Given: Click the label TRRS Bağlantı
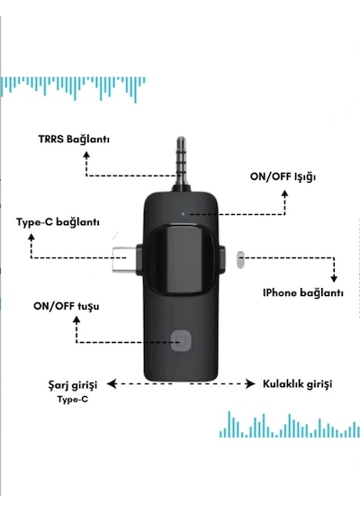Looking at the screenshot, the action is tap(74, 139).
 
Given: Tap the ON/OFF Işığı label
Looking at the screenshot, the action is tap(283, 176).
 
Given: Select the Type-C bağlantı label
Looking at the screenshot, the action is tap(58, 222).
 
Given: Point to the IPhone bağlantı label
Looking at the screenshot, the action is tap(303, 292).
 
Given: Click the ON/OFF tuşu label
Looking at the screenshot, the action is tap(66, 307).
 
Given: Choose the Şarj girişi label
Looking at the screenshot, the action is tap(73, 385).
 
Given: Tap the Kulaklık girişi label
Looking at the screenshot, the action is tap(298, 383).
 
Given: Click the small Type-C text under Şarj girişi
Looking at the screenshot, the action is tap(73, 400).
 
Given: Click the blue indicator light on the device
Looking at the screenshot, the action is tap(183, 214).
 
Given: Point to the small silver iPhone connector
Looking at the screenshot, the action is tap(240, 260).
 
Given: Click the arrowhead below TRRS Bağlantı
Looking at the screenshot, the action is tap(86, 155).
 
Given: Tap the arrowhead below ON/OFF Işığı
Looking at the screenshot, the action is tap(285, 193).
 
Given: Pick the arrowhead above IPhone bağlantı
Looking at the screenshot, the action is tap(334, 278).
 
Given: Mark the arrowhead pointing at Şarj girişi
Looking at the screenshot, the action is tap(112, 383).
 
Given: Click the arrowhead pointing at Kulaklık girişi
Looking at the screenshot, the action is tap(251, 383).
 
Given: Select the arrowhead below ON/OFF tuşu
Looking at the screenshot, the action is tap(76, 319).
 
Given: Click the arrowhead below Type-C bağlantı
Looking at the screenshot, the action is tap(31, 238).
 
